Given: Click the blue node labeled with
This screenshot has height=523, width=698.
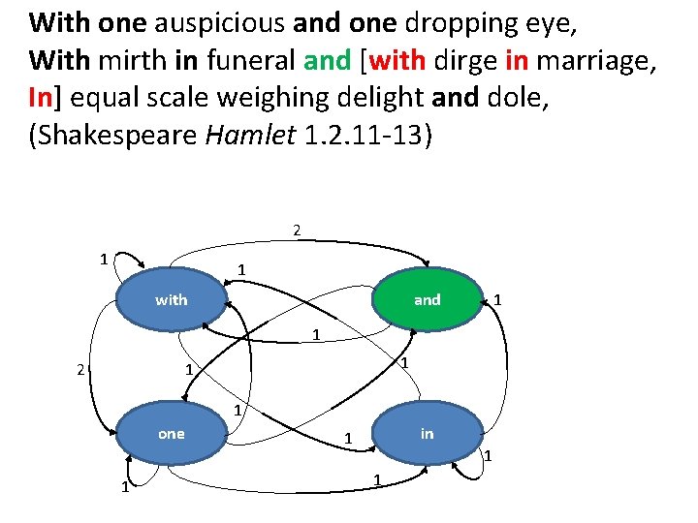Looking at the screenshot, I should click(172, 299).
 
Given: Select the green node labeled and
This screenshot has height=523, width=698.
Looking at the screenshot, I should click(427, 299).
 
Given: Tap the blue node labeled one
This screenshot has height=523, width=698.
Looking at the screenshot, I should click(172, 434).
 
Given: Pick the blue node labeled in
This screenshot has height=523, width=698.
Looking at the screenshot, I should click(427, 434).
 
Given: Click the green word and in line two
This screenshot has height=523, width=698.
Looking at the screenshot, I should click(327, 62).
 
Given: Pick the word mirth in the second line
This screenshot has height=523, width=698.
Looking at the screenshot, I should click(134, 62).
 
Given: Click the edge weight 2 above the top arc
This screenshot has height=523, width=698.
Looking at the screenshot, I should click(297, 231).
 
